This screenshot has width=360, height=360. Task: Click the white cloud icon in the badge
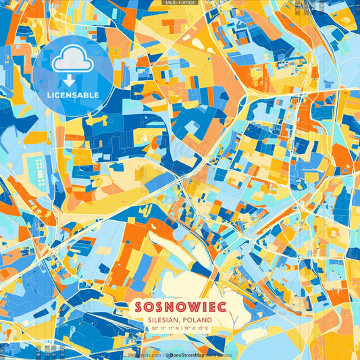point(73,61)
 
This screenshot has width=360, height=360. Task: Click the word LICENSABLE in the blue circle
point(73,95)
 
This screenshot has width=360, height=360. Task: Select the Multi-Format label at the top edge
point(180,3)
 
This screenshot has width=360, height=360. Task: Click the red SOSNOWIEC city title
point(180,305)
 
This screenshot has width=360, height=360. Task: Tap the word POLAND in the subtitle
point(198,319)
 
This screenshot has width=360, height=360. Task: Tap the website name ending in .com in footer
point(145,354)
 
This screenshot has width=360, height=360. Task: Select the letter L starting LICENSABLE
point(49,95)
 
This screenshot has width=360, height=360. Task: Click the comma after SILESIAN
point(181,322)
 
